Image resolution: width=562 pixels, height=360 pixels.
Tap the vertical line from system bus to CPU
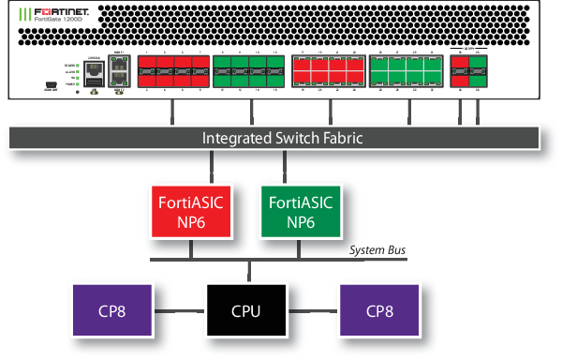(248, 271)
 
